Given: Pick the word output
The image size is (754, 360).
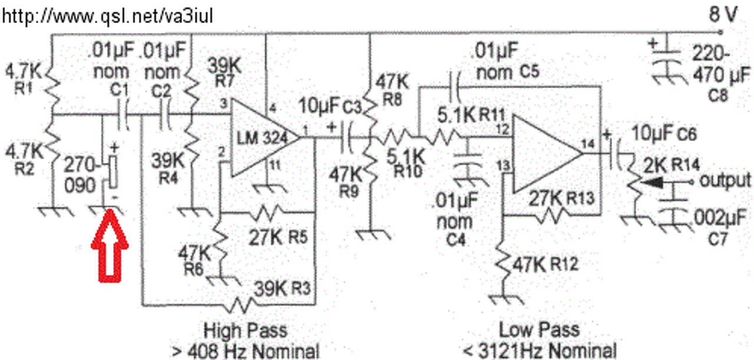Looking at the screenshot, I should coord(725,180).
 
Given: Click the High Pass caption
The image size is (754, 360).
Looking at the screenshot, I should coord(245,329).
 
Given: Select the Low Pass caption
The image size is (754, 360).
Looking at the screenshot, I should coord(538,329).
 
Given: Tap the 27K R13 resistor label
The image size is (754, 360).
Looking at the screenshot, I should coord(560,198).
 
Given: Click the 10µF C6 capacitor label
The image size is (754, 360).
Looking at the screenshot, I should coord(664,134).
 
